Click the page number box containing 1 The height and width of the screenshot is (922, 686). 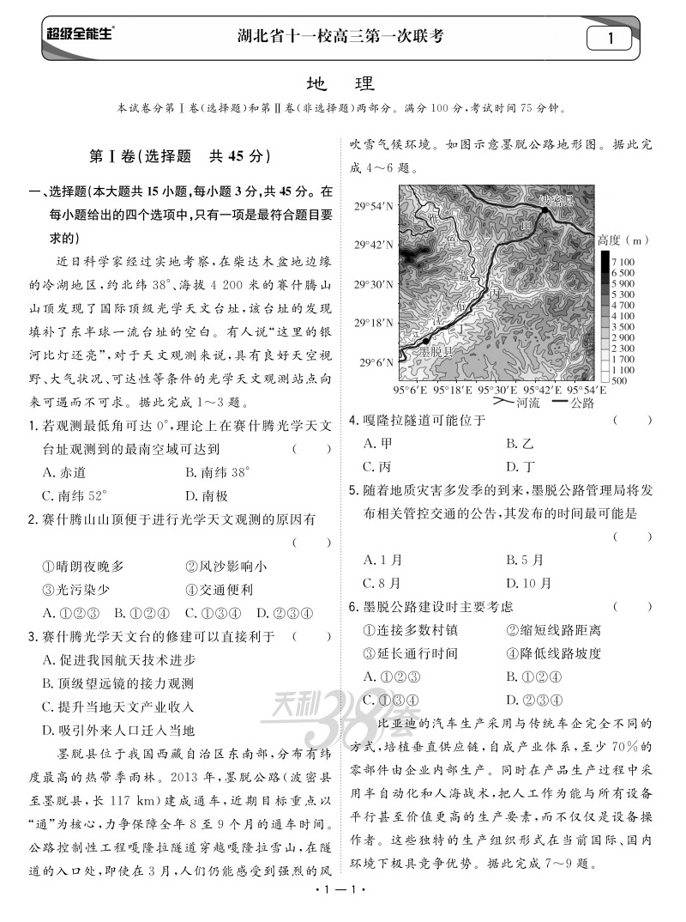coord(610,38)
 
